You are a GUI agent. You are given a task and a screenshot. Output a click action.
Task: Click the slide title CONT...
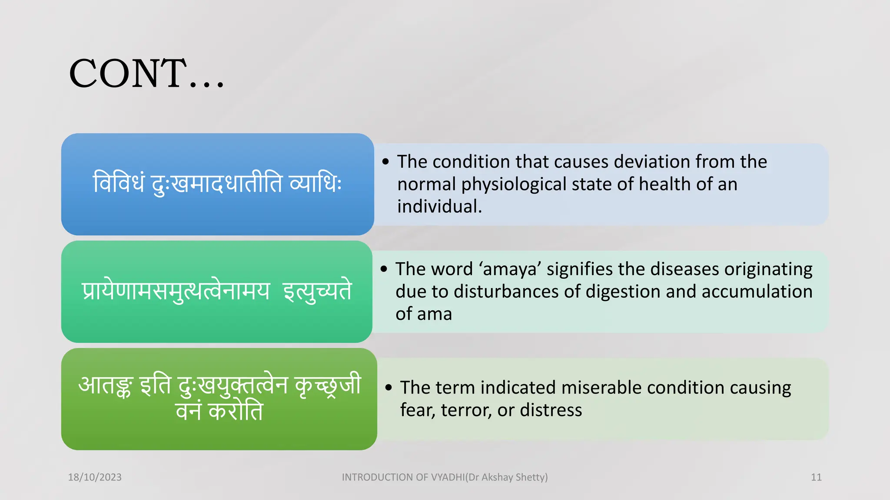[146, 74]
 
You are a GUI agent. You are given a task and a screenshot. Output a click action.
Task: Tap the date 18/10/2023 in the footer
[95, 477]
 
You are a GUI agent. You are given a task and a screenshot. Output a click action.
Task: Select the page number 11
[816, 477]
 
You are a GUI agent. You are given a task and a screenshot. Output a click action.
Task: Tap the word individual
[439, 207]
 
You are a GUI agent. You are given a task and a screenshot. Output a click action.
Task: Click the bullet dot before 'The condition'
[385, 162]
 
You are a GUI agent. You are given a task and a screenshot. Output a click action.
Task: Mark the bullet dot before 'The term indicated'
[389, 388]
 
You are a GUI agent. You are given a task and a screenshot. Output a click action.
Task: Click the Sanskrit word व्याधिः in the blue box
[315, 183]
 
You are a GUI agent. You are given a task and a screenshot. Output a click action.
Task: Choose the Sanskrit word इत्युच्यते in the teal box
[317, 291]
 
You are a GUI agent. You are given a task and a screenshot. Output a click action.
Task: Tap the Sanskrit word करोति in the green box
[236, 411]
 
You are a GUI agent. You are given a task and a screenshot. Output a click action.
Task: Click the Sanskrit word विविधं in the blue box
[119, 183]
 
